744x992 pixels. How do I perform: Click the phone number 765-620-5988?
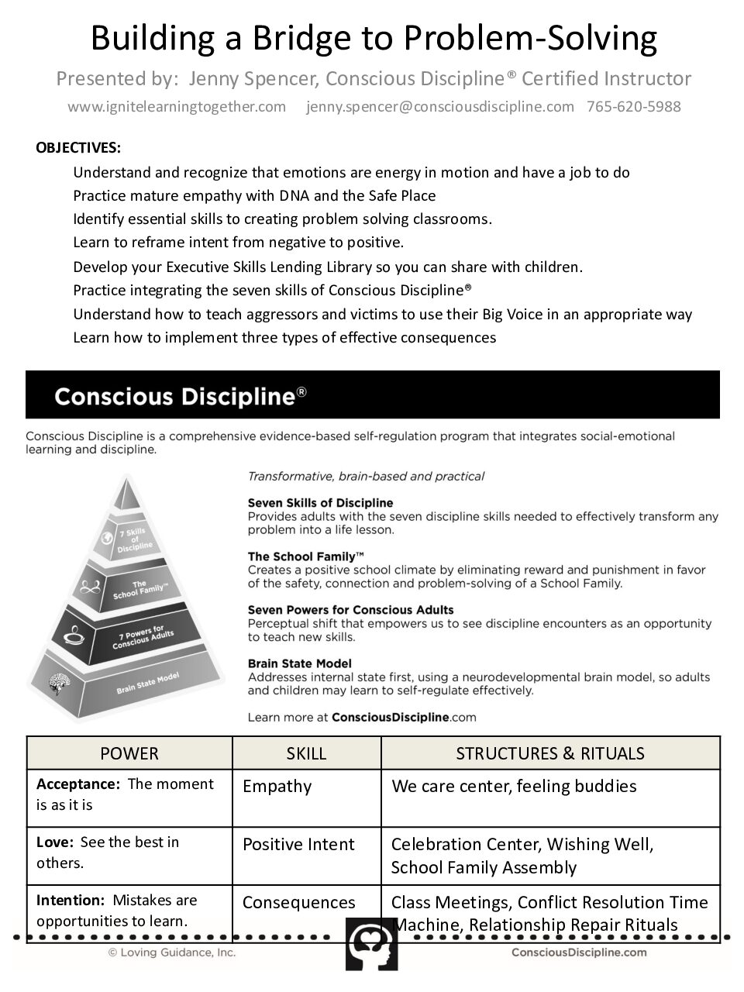coord(633,107)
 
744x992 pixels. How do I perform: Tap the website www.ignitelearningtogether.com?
coord(177,107)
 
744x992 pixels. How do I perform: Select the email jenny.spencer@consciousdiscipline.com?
coord(440,107)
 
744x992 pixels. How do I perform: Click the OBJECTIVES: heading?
coord(78,148)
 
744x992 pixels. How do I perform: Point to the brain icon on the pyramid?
coord(59,683)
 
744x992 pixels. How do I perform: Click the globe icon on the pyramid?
coord(107,538)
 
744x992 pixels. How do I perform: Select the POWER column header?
coord(129,753)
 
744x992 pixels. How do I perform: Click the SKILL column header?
coord(306,753)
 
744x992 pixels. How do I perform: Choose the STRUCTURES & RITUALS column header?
coord(550,753)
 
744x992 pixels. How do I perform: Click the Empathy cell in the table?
coord(277,787)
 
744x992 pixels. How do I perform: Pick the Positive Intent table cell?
coord(298,845)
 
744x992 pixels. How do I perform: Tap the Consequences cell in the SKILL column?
coord(298,903)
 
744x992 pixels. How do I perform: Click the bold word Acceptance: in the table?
coord(78,784)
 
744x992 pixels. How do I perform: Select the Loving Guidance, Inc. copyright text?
coord(171,952)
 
